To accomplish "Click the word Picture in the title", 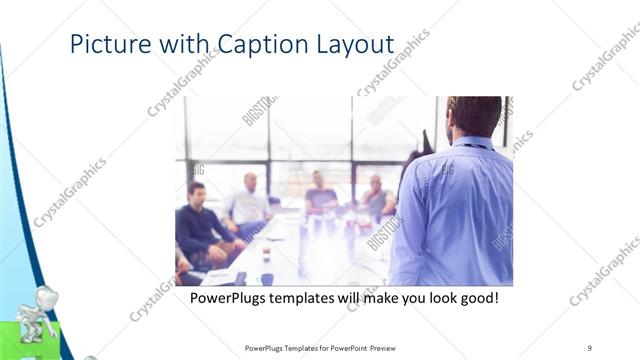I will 105,46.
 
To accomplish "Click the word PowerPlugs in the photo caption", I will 231,298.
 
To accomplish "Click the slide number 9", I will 590,347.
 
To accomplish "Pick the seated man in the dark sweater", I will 200,220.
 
